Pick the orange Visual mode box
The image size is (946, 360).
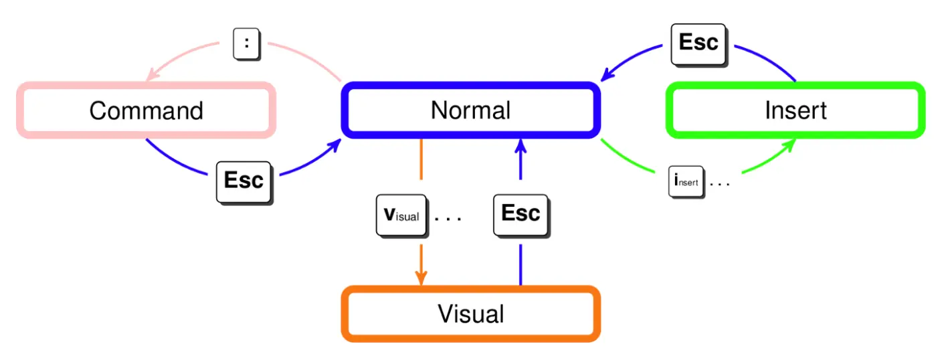(471, 288)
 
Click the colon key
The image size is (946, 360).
(247, 44)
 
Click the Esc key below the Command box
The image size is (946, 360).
(244, 183)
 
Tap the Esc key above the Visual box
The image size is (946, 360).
(522, 216)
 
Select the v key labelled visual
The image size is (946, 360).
(402, 216)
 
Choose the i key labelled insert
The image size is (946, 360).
(686, 182)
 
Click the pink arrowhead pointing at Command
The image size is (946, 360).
(152, 74)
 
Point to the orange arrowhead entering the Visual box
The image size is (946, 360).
(421, 278)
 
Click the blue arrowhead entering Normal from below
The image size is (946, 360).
(521, 146)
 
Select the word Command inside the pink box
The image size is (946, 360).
(146, 110)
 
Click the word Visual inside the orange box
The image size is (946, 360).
(471, 314)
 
